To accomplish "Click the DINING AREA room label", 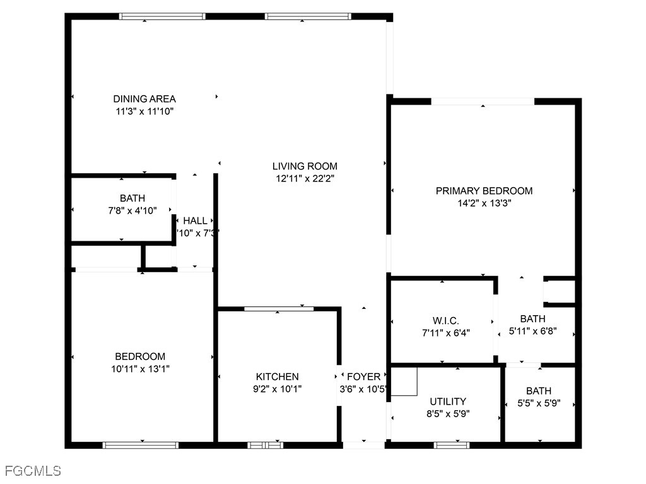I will (x=144, y=99).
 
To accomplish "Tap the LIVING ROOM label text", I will (x=305, y=166).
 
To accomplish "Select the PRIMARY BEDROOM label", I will (x=484, y=191).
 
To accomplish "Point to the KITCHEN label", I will (x=277, y=377).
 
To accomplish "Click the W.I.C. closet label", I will (x=442, y=321).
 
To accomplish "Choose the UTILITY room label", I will (x=448, y=401).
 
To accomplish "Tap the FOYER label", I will (x=364, y=377).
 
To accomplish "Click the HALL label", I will (x=195, y=221).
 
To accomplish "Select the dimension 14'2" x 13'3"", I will (x=484, y=204).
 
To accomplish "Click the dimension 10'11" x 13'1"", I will (x=140, y=369).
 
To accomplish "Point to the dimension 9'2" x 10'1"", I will (x=277, y=389).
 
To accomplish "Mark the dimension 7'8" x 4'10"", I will (x=132, y=210).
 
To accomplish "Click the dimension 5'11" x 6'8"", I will (x=532, y=331).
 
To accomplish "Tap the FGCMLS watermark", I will (x=33, y=471).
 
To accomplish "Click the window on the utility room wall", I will (x=452, y=445).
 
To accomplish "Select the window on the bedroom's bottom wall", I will (x=141, y=445).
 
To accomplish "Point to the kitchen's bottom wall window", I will (x=265, y=445).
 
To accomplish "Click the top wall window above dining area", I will (x=163, y=16).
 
